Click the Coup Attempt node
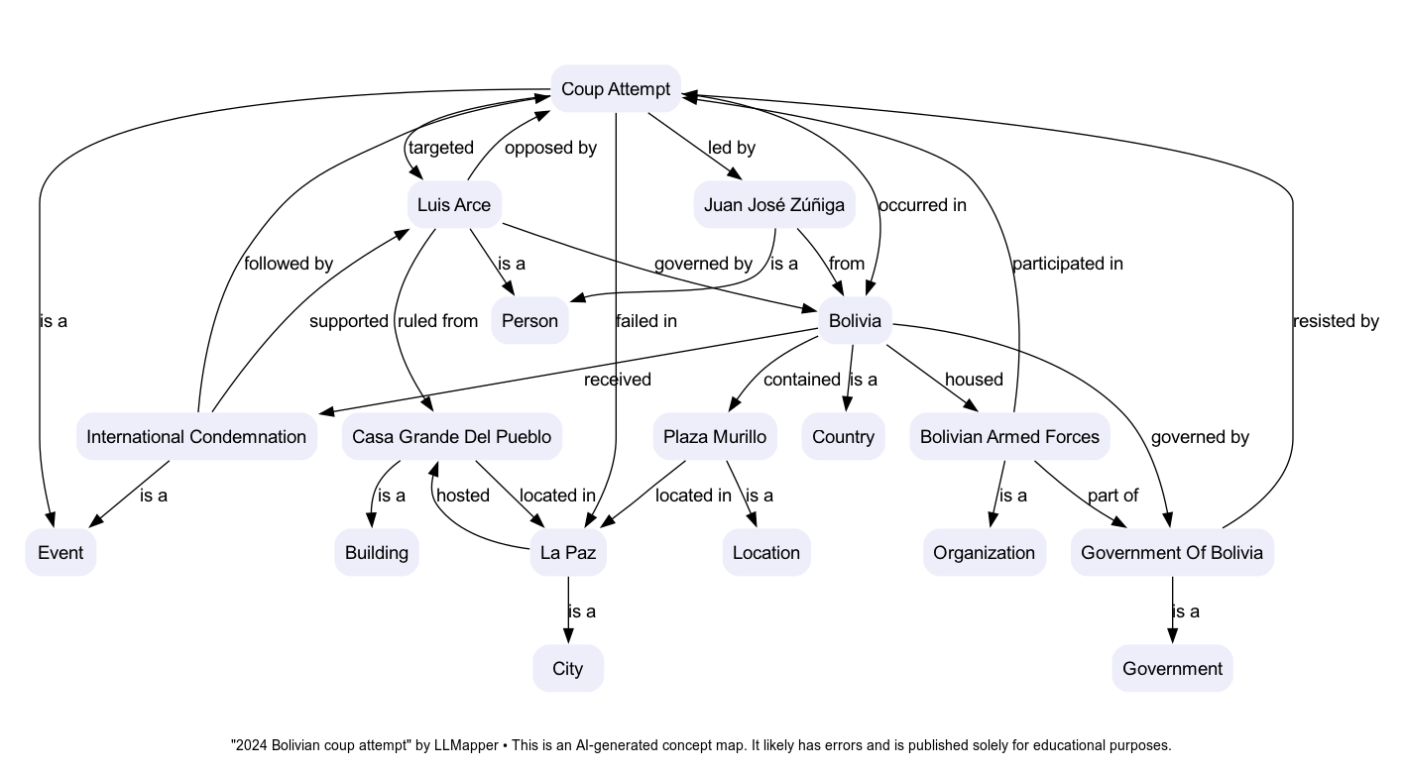tap(616, 89)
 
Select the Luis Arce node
tap(454, 205)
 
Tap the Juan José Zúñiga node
tap(773, 205)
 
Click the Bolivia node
tap(854, 321)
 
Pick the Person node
tap(529, 321)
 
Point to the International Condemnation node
tap(196, 437)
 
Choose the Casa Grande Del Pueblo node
tap(451, 437)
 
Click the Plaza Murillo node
tap(714, 437)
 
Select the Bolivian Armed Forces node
tap(1009, 437)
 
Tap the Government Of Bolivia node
tap(1172, 553)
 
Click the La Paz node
tap(568, 553)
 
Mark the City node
tap(568, 669)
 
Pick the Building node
tap(376, 553)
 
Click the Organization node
tap(984, 553)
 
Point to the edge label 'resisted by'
tap(1336, 321)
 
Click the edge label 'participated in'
tap(1067, 264)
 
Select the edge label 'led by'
tap(732, 148)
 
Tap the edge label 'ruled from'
tap(437, 321)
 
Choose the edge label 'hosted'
tap(463, 495)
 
